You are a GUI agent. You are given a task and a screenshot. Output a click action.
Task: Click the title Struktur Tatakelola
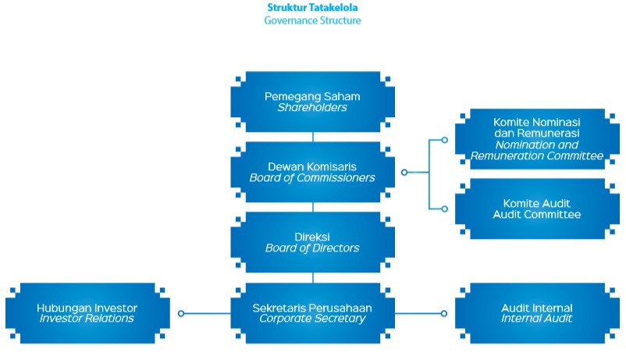(x=313, y=7)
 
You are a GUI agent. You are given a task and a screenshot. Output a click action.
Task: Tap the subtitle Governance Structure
(x=313, y=21)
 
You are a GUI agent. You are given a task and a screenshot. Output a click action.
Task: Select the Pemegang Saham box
(x=312, y=102)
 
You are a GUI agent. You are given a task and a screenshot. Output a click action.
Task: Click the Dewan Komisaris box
(x=312, y=172)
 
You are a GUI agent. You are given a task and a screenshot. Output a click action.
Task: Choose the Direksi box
(x=312, y=242)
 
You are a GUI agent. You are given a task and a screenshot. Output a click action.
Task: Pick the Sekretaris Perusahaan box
(x=312, y=312)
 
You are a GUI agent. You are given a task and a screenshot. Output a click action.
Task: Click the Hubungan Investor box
(x=87, y=312)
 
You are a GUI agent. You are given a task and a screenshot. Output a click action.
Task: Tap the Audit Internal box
(x=537, y=312)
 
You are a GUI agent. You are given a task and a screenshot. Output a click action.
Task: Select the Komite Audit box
(x=537, y=209)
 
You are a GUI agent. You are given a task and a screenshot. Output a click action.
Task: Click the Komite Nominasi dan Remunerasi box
(x=537, y=139)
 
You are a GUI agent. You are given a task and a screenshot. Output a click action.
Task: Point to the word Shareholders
(x=312, y=109)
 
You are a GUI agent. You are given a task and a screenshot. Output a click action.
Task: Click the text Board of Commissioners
(x=312, y=178)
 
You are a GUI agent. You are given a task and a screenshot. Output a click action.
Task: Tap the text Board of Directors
(x=312, y=248)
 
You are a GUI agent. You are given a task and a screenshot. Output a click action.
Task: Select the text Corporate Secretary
(x=312, y=319)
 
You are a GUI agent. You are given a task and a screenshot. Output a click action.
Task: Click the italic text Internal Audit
(x=537, y=319)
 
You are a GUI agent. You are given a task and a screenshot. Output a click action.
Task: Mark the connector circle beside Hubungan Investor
(x=181, y=313)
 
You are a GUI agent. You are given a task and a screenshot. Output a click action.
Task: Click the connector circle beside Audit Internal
(x=444, y=313)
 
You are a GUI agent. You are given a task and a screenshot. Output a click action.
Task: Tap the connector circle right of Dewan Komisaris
(x=404, y=172)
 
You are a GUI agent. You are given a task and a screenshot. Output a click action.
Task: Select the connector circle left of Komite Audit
(x=444, y=209)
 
